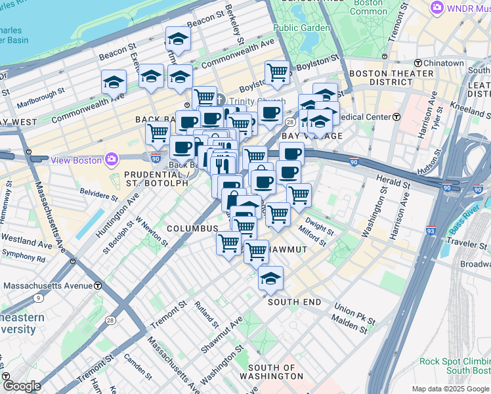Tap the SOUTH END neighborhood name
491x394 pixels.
click(294, 302)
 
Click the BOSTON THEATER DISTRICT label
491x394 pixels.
click(381, 77)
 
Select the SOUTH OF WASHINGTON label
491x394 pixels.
click(276, 372)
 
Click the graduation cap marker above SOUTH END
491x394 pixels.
click(270, 279)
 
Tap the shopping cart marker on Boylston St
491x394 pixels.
click(277, 72)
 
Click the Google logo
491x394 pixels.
click(21, 386)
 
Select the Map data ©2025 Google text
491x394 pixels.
click(450, 389)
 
